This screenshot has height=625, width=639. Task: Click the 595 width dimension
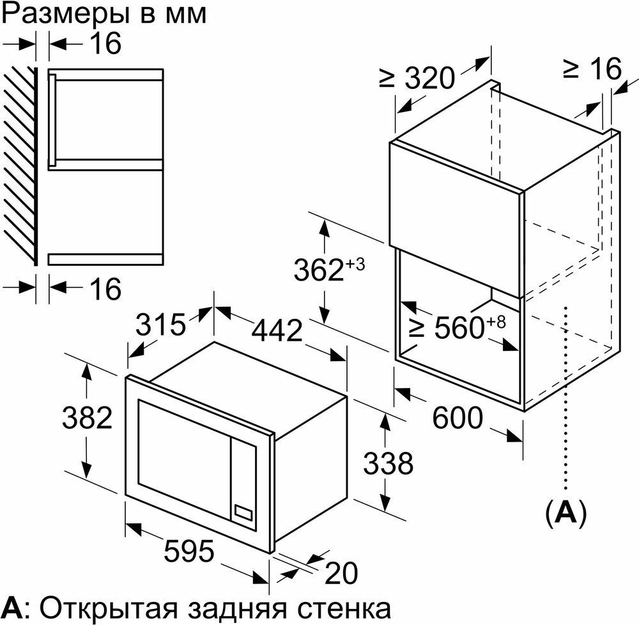click(x=189, y=550)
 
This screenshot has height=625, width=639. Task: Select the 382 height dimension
click(x=87, y=417)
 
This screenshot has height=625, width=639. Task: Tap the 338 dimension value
click(x=388, y=463)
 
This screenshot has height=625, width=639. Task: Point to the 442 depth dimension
click(x=277, y=330)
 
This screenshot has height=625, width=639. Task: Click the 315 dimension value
click(x=160, y=325)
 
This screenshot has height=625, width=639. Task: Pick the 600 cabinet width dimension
click(x=458, y=417)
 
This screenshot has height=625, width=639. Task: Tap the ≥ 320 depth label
click(x=417, y=77)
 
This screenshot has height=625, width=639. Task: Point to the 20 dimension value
click(x=341, y=573)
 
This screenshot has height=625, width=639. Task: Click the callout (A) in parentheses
click(x=566, y=513)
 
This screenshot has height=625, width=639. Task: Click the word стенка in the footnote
click(x=344, y=608)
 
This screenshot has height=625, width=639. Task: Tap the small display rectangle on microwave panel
click(x=243, y=512)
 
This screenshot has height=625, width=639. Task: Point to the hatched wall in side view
click(x=20, y=166)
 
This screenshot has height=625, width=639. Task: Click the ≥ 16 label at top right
click(x=593, y=68)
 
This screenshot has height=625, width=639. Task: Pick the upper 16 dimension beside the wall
click(x=105, y=43)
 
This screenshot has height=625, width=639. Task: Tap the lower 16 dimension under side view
click(x=105, y=289)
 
